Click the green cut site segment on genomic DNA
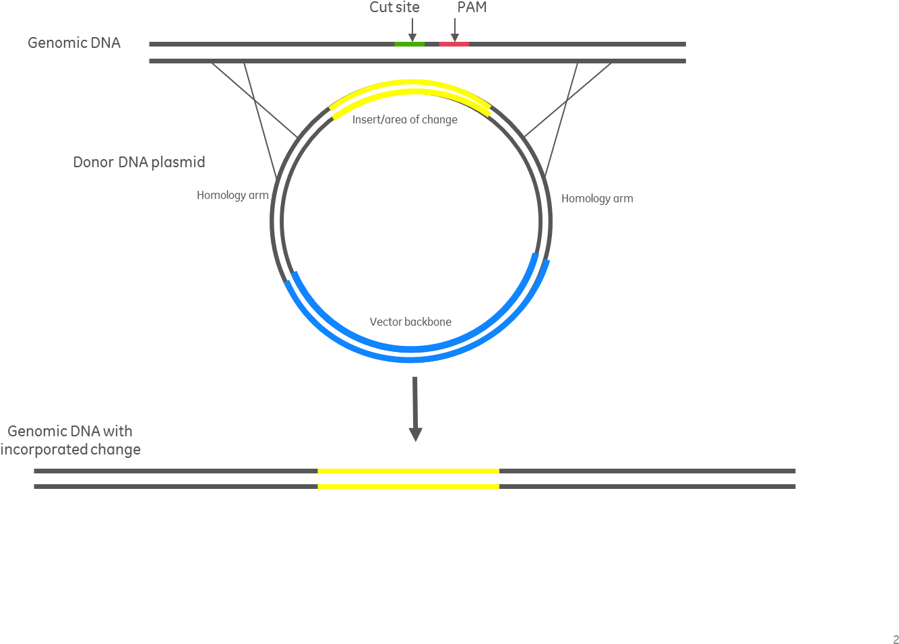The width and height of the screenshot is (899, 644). coord(409,44)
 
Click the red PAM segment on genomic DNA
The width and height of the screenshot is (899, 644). coord(454,44)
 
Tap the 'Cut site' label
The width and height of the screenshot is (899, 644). coord(394,7)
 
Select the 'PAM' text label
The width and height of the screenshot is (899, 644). coord(472,7)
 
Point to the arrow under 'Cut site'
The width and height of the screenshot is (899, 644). coord(412,30)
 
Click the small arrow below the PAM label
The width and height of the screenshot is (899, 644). coord(455,30)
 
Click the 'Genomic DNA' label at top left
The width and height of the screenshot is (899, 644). coord(74,42)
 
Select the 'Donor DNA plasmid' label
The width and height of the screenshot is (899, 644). coord(139,162)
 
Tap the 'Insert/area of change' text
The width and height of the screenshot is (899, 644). coord(404,119)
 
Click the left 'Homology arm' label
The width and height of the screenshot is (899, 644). coord(232,195)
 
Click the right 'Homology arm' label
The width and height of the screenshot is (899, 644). coord(597,198)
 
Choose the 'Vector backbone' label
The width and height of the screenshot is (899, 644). coord(410,322)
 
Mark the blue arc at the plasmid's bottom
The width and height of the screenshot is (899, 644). coord(411,357)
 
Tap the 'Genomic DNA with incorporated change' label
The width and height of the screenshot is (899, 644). coord(70,440)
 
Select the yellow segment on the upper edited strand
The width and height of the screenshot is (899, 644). coord(408,471)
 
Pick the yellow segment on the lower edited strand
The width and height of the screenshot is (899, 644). coord(408,486)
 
